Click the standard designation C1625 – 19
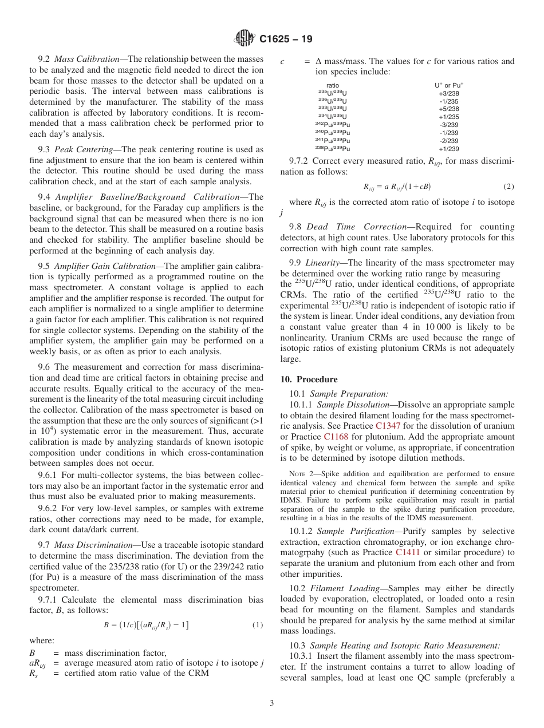coord(286,39)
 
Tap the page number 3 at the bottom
coord(272,703)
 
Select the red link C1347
coord(388,426)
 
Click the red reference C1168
coord(336,437)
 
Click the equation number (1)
coord(258,624)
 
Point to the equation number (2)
coord(508,187)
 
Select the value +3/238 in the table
coord(448,93)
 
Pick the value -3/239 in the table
coord(448,125)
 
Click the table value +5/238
coord(448,109)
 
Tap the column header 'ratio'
coord(332,85)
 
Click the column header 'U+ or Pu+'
coord(449,85)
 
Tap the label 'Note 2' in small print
coord(299,474)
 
